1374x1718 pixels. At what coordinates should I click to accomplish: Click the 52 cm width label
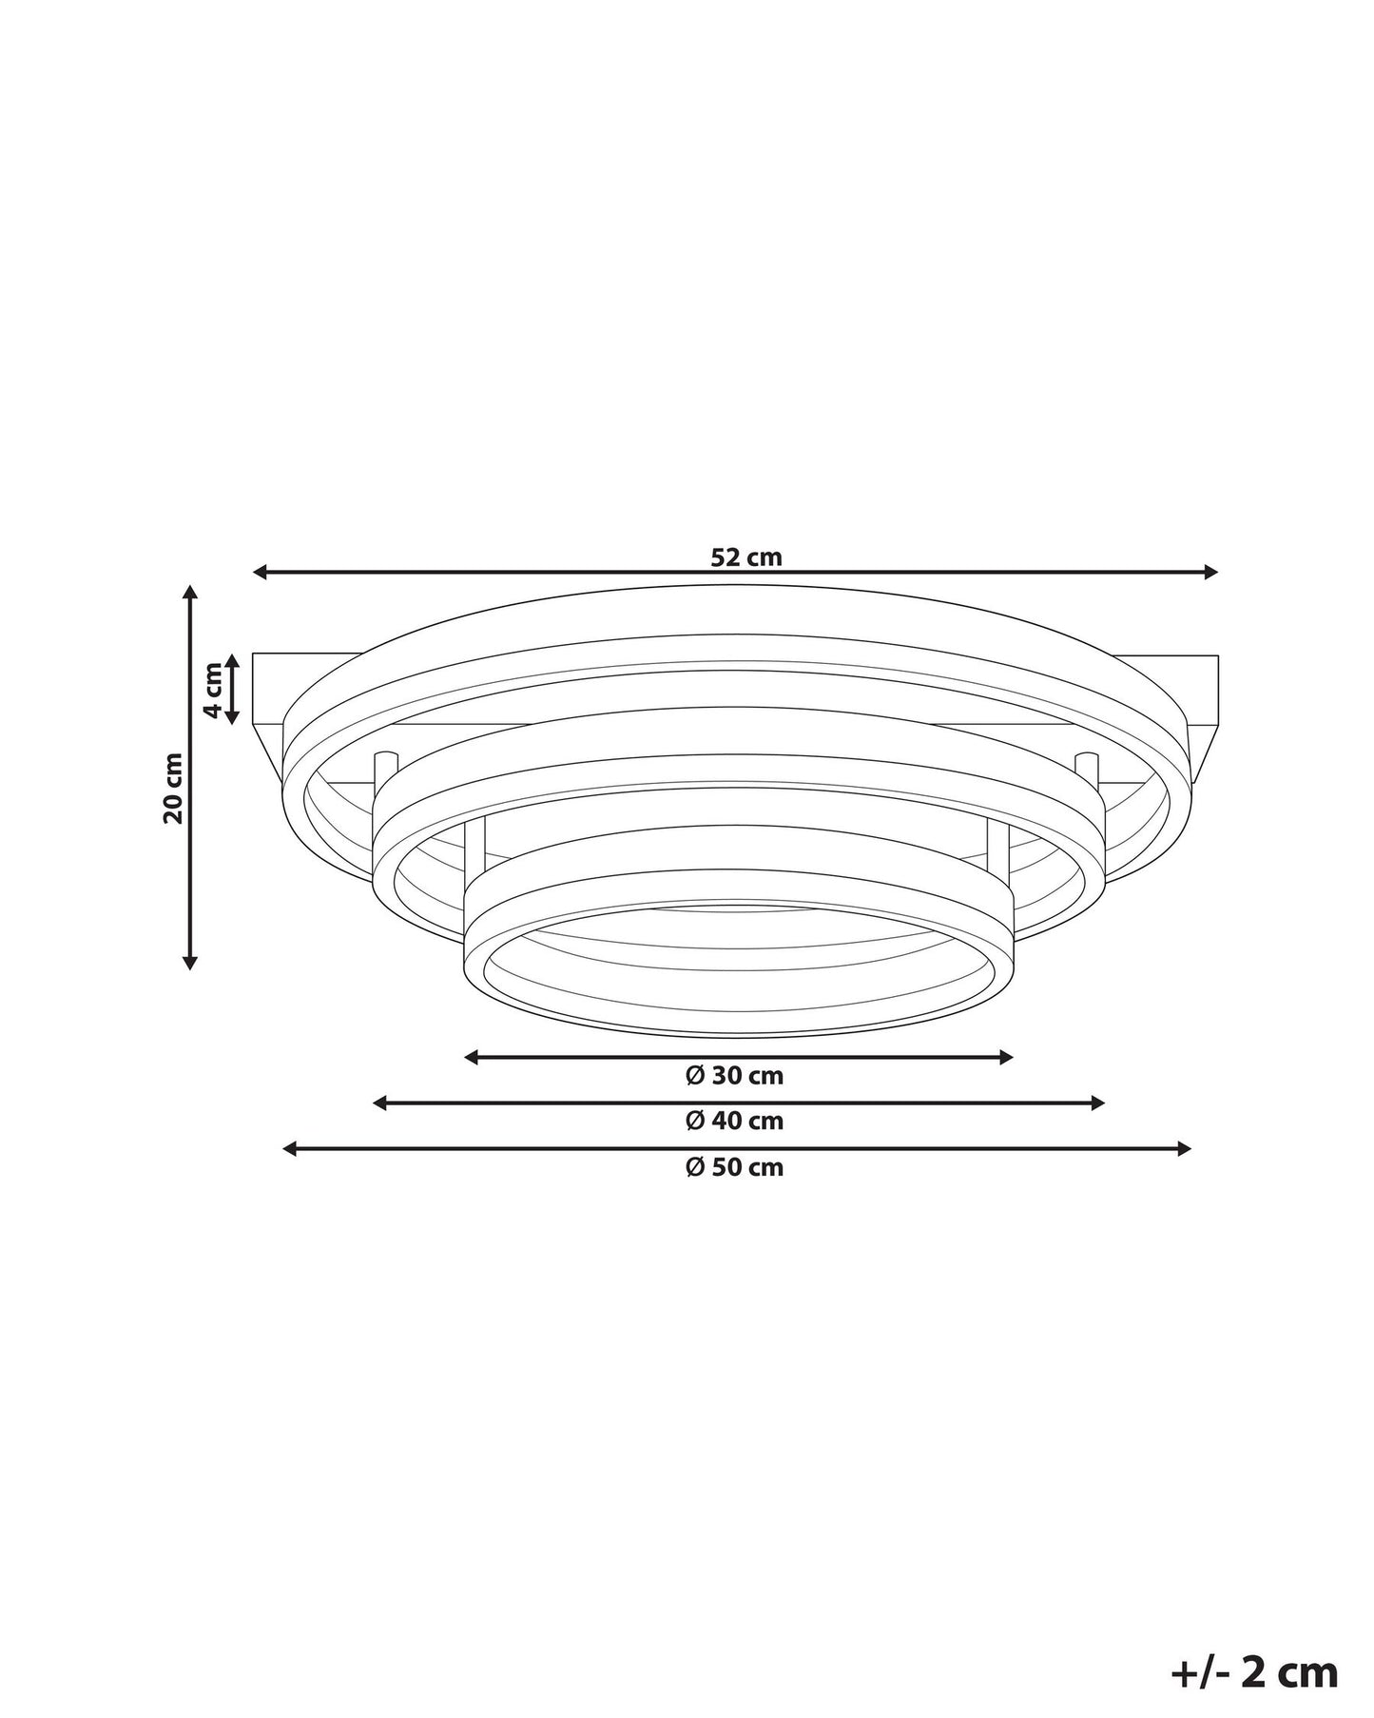coord(746,556)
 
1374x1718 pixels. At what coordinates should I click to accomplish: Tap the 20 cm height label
coord(174,788)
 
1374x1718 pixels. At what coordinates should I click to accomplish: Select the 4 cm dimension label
coord(215,690)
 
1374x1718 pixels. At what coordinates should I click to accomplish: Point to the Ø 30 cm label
coord(735,1075)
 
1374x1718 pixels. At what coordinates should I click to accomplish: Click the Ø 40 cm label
coord(735,1121)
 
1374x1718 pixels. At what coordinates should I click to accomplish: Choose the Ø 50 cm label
coord(735,1166)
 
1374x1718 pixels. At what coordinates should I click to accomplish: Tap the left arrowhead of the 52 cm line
coord(259,572)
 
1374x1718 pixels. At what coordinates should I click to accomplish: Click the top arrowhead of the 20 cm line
coord(190,592)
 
